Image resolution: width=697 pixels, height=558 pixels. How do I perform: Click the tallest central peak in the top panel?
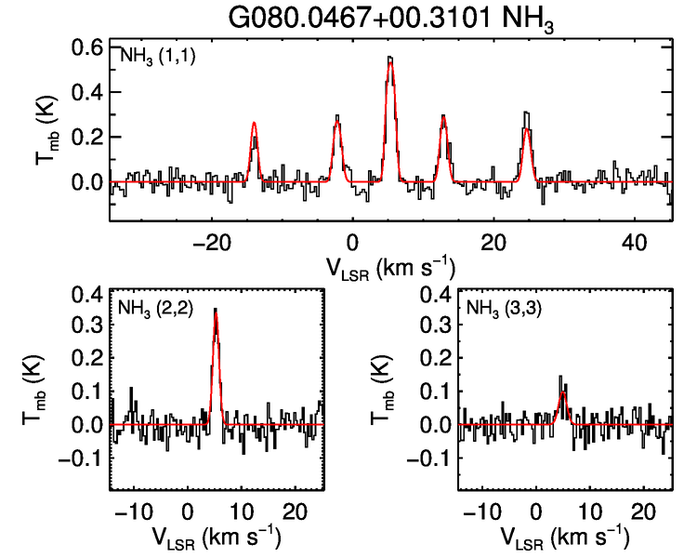(x=390, y=59)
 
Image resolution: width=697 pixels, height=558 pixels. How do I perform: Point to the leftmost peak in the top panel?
(x=253, y=124)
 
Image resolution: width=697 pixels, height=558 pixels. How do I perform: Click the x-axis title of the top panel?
(x=390, y=268)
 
